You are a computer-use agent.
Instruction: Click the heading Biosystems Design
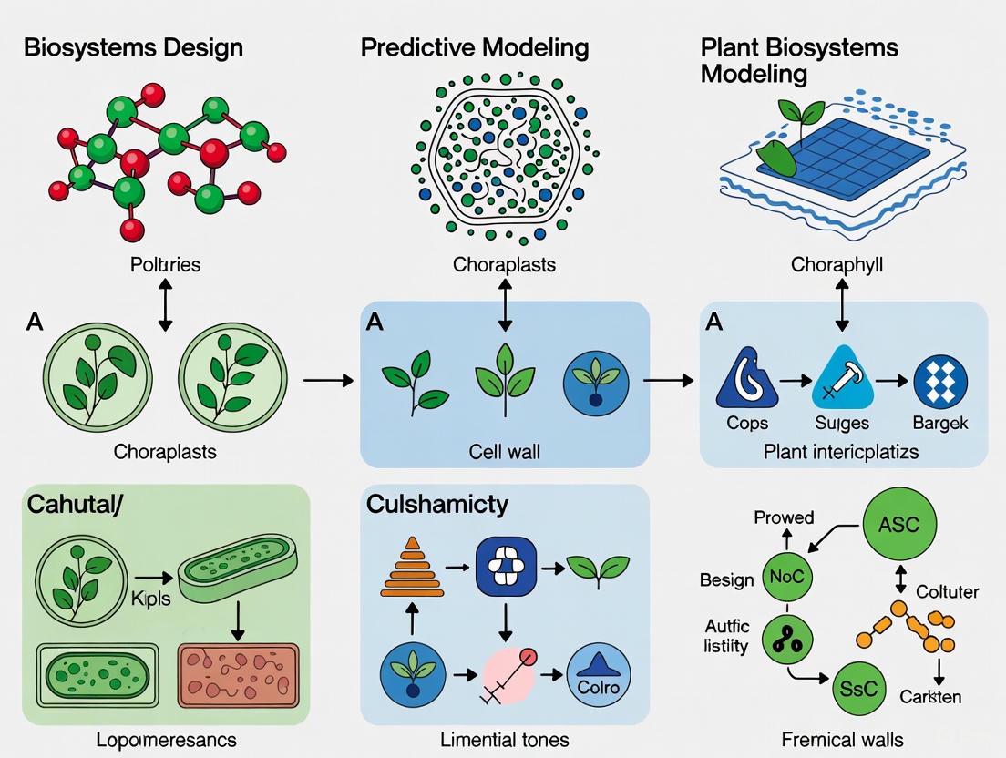point(133,47)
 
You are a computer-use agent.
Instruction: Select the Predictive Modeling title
point(475,47)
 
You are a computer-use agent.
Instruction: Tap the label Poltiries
point(165,265)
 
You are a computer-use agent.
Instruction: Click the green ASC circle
point(898,524)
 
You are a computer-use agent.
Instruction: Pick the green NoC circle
point(787,577)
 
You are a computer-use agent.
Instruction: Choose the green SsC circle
point(858,687)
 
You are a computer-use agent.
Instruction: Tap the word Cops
point(747,423)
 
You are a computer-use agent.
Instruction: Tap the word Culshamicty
point(437,504)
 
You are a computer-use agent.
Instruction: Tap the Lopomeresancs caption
point(166,739)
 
